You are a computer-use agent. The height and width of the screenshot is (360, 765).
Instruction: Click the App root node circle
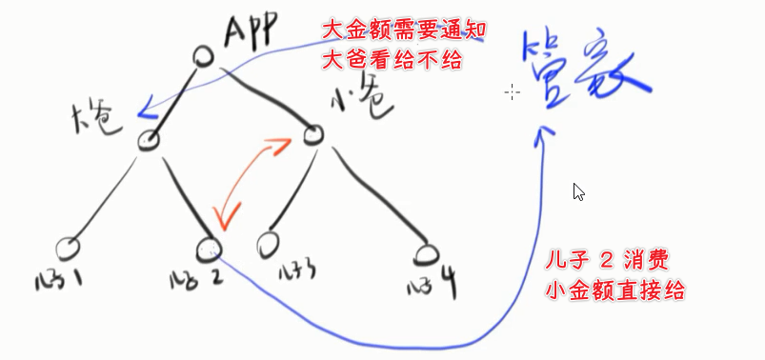click(x=203, y=56)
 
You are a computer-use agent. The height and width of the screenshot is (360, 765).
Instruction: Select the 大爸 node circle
click(x=149, y=141)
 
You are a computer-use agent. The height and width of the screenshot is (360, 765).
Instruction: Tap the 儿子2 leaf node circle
click(x=208, y=250)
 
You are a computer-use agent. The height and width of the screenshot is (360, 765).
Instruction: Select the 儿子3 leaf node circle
click(x=270, y=244)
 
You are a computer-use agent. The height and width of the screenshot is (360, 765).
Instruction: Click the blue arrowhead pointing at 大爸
click(x=145, y=112)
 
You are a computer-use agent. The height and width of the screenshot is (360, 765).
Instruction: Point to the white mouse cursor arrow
click(x=578, y=191)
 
